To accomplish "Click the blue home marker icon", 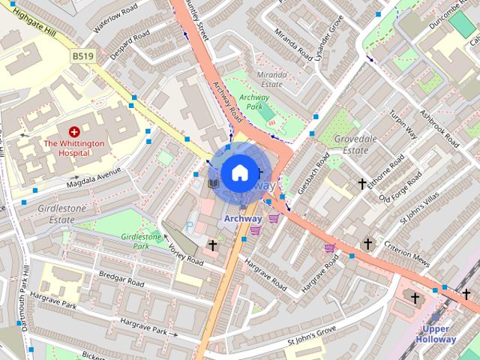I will pos(239,172).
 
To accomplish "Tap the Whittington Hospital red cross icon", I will pos(73,130).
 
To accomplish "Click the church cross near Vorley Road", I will pos(212,245).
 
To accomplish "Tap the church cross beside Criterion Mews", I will pos(367,244).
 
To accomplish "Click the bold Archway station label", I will pos(243,218).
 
